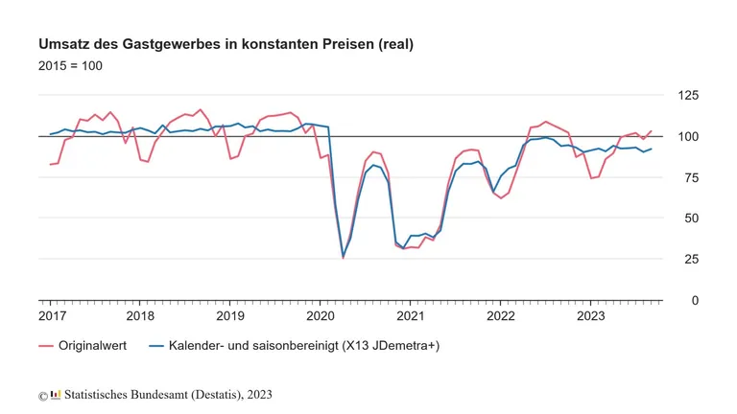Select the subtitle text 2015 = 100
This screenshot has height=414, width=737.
tap(70, 65)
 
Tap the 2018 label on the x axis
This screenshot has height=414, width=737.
tap(140, 315)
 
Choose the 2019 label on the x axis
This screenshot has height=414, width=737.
tap(230, 315)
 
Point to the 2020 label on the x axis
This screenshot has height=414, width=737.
tap(321, 315)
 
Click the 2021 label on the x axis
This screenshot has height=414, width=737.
tap(411, 315)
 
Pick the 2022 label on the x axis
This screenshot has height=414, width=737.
tap(501, 315)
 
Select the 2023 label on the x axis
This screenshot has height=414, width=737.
tap(590, 315)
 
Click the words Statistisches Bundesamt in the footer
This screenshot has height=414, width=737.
tap(127, 394)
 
